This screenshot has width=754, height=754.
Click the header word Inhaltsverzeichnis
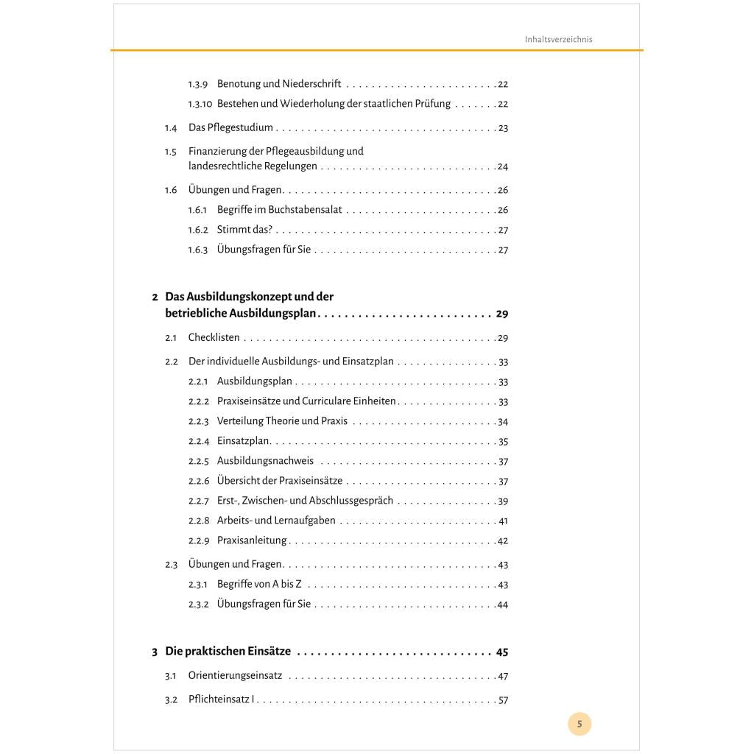tap(558, 40)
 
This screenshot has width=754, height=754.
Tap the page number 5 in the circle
tap(579, 724)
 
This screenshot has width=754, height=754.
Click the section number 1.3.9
tap(198, 85)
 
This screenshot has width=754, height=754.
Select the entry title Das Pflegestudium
tap(230, 128)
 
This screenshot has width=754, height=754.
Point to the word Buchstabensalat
tap(306, 210)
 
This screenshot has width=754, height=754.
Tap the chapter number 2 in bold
tap(155, 297)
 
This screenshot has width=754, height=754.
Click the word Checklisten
tap(214, 338)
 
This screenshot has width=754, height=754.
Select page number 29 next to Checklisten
tap(503, 339)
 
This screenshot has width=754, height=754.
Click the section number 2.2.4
tap(198, 442)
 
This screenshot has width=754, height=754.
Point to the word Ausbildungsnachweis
tap(265, 461)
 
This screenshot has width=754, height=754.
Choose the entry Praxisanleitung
tap(252, 540)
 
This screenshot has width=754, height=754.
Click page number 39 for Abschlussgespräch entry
tap(503, 501)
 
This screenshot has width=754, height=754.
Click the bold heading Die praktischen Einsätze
tap(228, 652)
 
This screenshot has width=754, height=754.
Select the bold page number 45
tap(502, 652)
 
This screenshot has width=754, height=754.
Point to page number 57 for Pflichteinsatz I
tap(503, 700)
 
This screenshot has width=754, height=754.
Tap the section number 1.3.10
tap(200, 105)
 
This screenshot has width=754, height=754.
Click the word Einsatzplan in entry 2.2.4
tap(243, 442)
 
